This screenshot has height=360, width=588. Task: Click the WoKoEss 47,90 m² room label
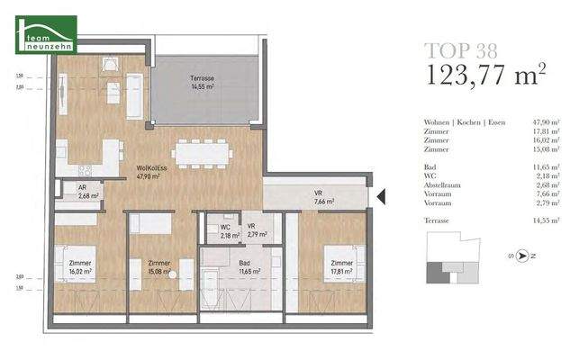click(x=149, y=172)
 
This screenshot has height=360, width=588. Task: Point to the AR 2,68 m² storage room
click(x=88, y=192)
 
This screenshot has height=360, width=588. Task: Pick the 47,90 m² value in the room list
click(x=547, y=121)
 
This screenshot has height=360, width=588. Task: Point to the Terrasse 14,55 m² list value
click(x=547, y=220)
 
